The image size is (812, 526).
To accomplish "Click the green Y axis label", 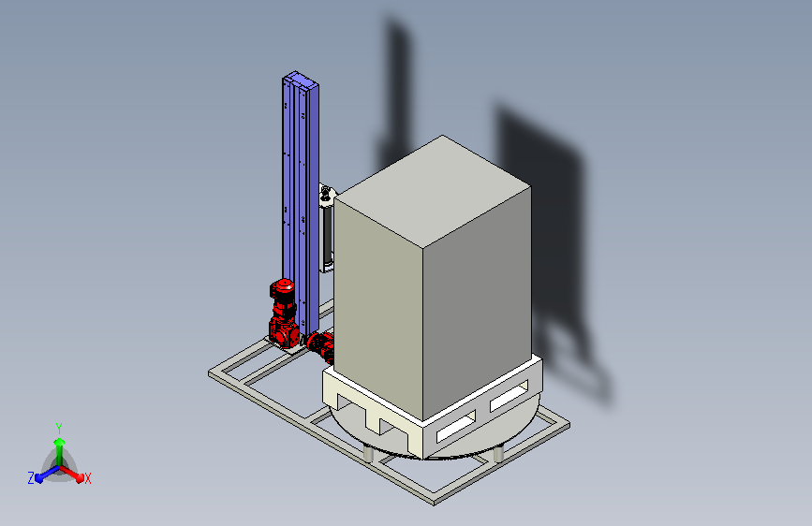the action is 59,428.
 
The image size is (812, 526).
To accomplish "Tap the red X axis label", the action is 87,478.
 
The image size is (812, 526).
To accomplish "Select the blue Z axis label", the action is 31,478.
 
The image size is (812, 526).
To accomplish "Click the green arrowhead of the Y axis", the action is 60,442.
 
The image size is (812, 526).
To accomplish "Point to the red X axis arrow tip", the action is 80,477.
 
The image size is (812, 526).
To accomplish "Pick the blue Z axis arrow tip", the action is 39,478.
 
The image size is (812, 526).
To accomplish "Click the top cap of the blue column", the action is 301,79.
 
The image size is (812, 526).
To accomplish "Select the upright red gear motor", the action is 283,314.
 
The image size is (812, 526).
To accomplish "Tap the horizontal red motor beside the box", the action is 320,345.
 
